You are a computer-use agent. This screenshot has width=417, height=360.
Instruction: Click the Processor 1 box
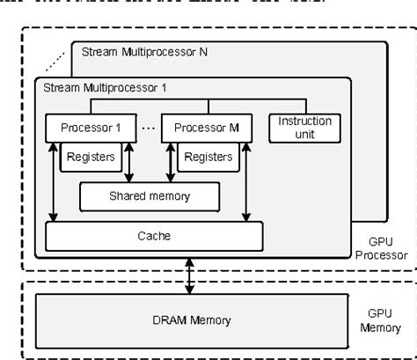click(92, 128)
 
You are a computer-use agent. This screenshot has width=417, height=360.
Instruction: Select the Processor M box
click(207, 128)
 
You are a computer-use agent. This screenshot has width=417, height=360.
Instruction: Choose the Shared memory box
click(146, 195)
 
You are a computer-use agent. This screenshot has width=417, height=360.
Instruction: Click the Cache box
click(154, 236)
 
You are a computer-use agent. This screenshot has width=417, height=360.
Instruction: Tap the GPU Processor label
click(381, 248)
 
